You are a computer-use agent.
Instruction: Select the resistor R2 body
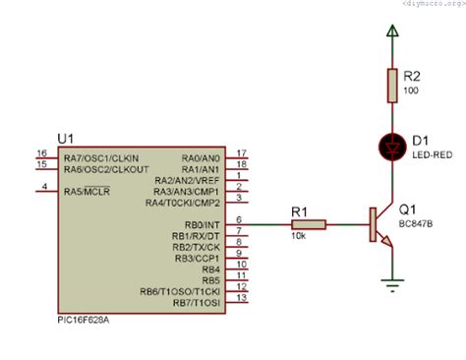393,87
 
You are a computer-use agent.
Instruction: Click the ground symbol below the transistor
393,286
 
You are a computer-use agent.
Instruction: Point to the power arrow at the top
393,35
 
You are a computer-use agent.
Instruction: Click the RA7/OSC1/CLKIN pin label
100,158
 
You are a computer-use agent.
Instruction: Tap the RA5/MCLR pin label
87,191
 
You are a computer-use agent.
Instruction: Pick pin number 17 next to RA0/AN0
242,153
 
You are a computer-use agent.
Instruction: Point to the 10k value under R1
298,237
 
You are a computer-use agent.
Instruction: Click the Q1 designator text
410,210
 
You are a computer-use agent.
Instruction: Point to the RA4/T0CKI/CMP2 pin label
183,204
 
